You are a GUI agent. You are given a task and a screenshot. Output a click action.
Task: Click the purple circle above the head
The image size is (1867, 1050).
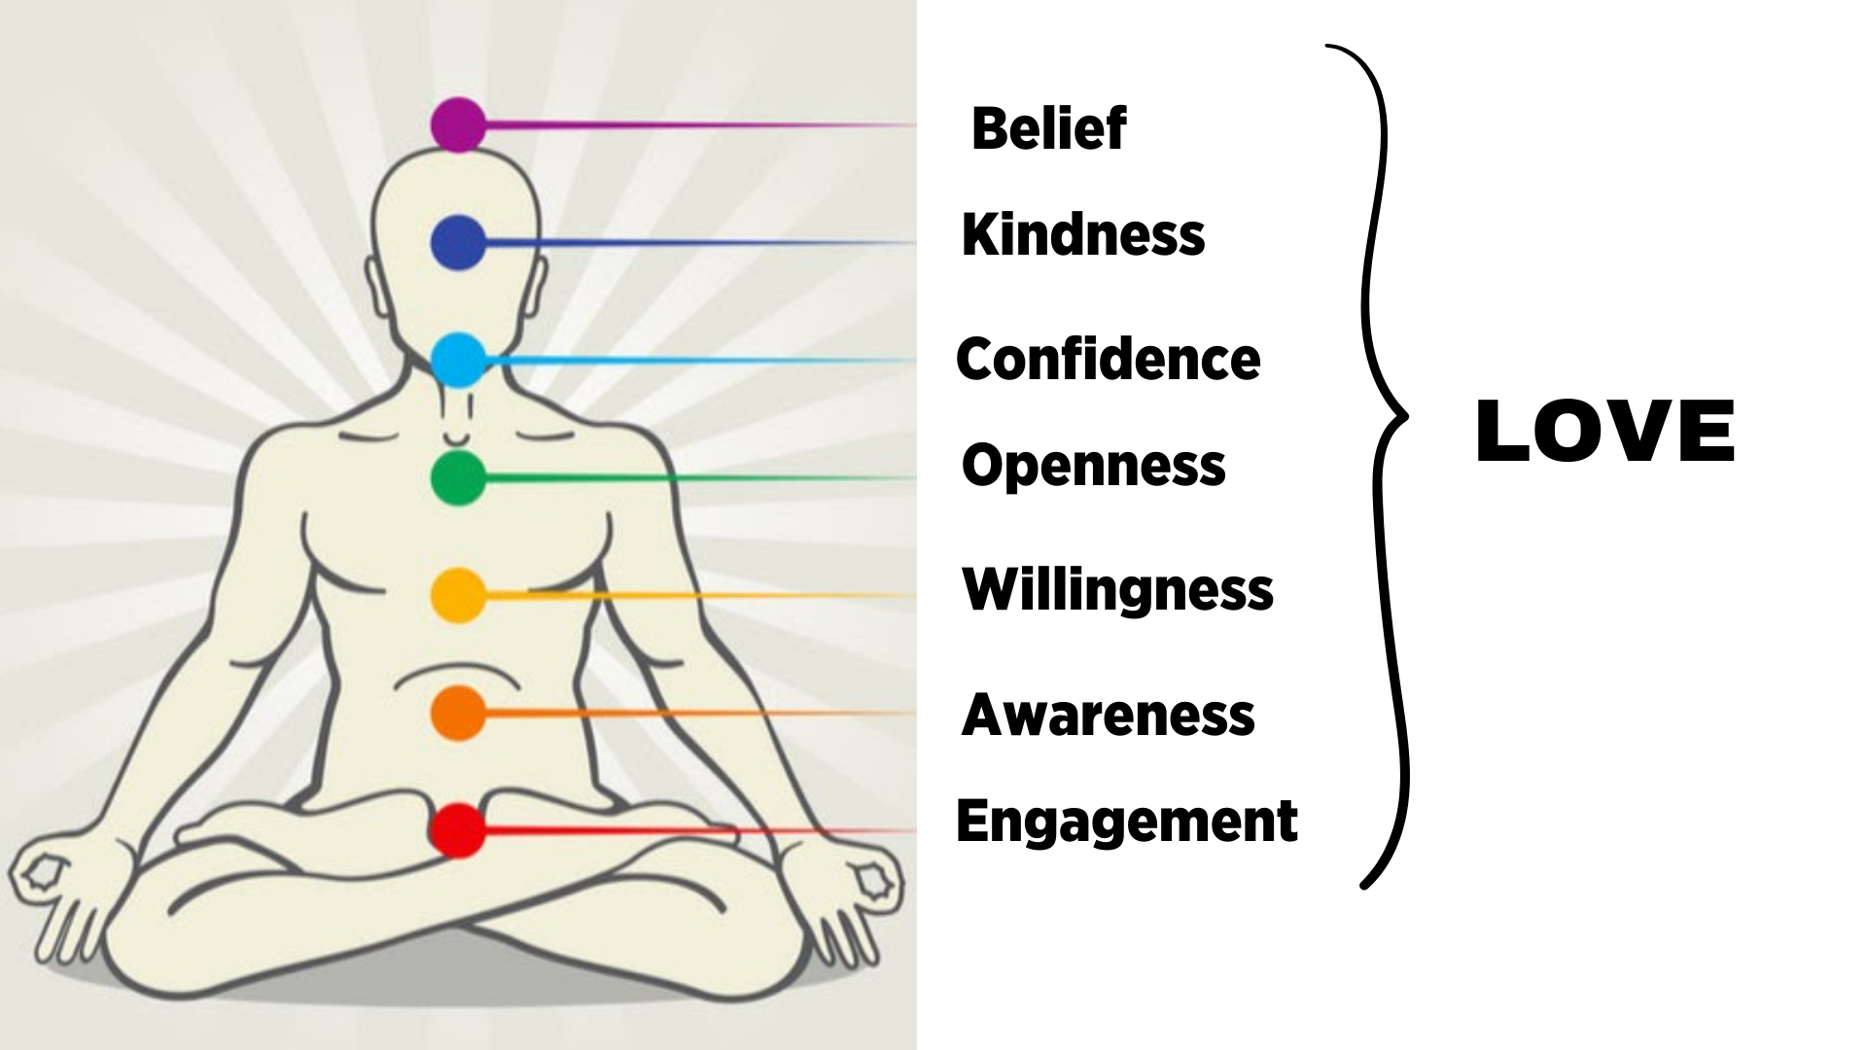coord(458,124)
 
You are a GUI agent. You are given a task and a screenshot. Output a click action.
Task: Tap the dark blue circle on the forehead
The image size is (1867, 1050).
coord(458,242)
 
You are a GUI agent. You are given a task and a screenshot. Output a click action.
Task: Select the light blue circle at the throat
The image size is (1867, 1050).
coord(458,360)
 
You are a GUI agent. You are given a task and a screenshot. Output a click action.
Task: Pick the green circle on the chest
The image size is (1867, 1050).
coord(458,477)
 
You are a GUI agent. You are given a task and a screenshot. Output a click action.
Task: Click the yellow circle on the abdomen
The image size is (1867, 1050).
coord(458,595)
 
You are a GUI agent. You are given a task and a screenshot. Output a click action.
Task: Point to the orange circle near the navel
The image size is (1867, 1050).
coord(458,713)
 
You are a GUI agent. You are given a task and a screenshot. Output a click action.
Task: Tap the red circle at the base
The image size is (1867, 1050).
coord(458,830)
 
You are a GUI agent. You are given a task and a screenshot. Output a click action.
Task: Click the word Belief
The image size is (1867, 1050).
coord(1048,128)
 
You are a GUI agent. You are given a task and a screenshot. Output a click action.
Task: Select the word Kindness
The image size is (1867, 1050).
coord(1082,235)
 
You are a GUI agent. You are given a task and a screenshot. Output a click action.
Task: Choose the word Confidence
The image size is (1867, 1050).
coord(1108,359)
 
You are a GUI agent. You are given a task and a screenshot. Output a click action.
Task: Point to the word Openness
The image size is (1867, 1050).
coord(1093,466)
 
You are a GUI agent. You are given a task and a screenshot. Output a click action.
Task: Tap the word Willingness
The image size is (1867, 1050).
coord(1117,589)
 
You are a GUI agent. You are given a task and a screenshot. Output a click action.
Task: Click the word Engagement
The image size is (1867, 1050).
coord(1126,822)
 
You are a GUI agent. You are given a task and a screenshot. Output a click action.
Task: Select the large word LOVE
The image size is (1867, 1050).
coord(1604,432)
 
